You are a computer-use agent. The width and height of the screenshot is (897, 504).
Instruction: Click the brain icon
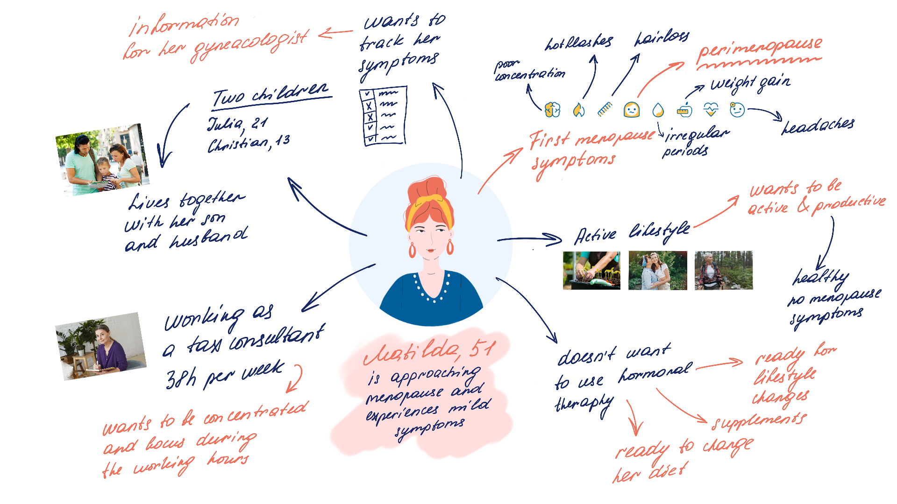pyautogui.click(x=552, y=110)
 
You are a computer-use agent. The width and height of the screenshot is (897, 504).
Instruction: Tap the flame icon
pyautogui.click(x=578, y=110)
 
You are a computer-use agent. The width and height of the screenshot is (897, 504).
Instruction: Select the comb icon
pyautogui.click(x=605, y=109)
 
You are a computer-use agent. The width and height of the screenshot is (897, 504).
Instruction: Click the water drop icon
pyautogui.click(x=658, y=110)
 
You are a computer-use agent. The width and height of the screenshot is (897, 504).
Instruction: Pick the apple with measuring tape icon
pyautogui.click(x=684, y=110)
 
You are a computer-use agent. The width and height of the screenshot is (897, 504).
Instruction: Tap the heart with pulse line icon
pyautogui.click(x=711, y=110)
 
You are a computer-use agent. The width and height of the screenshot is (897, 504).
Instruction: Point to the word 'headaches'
pyautogui.click(x=818, y=125)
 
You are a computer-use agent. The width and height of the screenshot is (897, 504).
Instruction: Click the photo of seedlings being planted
pyautogui.click(x=591, y=271)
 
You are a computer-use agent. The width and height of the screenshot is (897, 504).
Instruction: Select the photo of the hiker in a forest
pyautogui.click(x=723, y=271)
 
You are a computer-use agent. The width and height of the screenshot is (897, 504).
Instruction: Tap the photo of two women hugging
pyautogui.click(x=657, y=271)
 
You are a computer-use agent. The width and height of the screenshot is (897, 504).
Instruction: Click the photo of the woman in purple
pyautogui.click(x=100, y=346)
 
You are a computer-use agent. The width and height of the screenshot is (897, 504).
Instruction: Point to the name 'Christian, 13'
pyautogui.click(x=249, y=143)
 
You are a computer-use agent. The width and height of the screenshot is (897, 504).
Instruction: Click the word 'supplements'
pyautogui.click(x=759, y=421)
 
